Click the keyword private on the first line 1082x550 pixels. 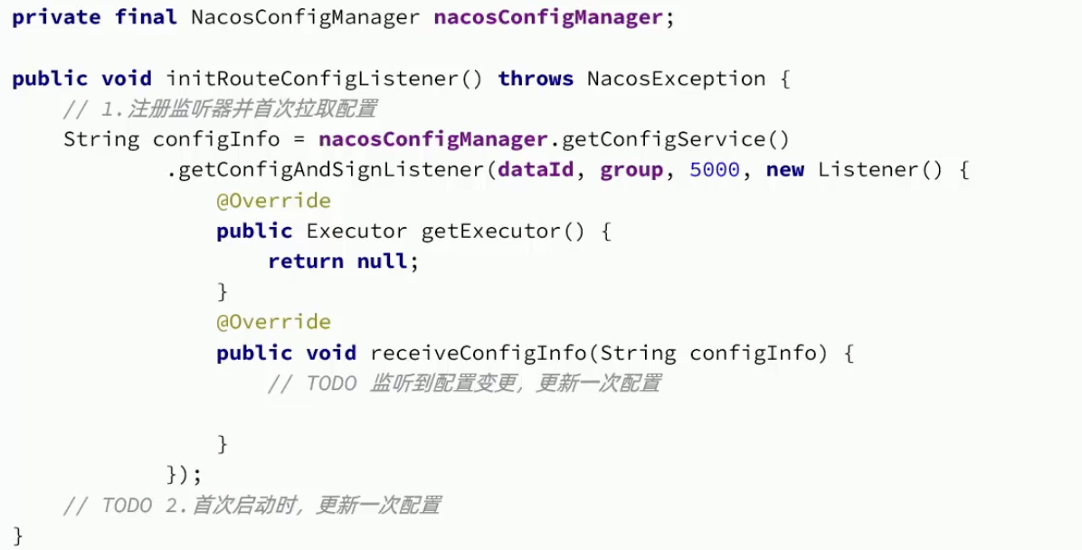(56, 18)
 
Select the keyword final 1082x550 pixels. (146, 18)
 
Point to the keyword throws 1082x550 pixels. (536, 79)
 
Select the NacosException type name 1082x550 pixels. (677, 79)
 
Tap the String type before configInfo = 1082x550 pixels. (101, 139)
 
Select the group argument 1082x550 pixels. (631, 170)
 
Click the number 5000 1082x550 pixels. (714, 170)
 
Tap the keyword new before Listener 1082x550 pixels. (784, 170)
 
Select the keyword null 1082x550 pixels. (382, 261)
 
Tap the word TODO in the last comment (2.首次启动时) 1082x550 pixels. (127, 505)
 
